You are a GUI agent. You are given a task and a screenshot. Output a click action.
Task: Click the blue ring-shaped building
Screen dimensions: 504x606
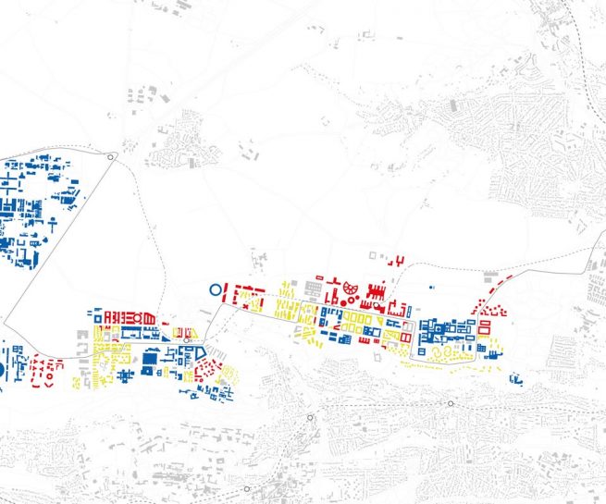(x=215, y=289)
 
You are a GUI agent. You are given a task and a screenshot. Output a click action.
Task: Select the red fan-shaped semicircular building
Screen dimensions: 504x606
(x=351, y=290)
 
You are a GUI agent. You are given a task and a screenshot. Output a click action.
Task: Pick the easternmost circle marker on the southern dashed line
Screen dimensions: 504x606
(x=451, y=404)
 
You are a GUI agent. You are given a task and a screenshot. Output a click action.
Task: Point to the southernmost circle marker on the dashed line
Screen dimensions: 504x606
(x=247, y=489)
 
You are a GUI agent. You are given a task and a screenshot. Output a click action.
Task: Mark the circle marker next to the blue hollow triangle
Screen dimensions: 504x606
(x=187, y=340)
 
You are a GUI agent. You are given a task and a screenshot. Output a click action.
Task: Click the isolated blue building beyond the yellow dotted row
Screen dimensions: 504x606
(x=516, y=378)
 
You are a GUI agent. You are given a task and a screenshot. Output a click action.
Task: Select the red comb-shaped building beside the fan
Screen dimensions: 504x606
(x=377, y=294)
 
